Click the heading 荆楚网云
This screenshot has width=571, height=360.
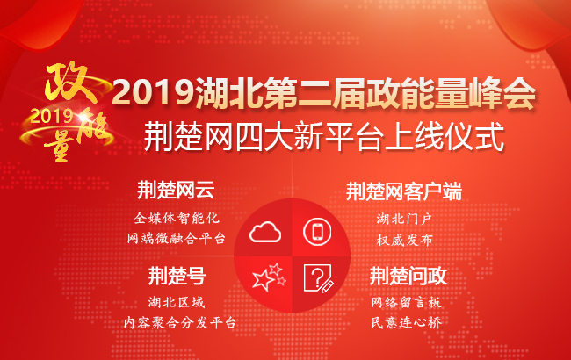click(x=176, y=191)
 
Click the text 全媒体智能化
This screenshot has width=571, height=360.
click(x=176, y=216)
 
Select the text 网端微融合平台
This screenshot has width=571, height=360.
click(x=176, y=238)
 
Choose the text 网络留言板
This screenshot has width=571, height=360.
click(x=405, y=302)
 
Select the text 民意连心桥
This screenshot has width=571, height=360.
click(x=405, y=323)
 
